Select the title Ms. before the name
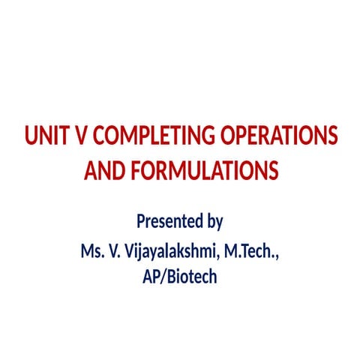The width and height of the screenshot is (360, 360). (x=91, y=250)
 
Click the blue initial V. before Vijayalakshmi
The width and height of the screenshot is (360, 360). (x=114, y=250)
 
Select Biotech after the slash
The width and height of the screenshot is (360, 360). (x=191, y=277)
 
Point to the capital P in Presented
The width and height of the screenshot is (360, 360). (x=140, y=222)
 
